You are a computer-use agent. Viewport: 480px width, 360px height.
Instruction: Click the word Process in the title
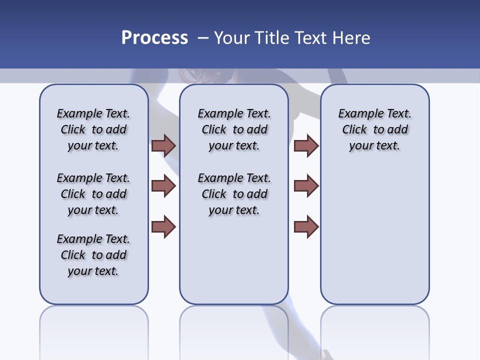tap(154, 37)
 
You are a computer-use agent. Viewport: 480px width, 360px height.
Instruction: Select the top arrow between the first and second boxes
tap(163, 146)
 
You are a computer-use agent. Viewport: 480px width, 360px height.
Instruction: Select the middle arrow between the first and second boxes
tap(163, 186)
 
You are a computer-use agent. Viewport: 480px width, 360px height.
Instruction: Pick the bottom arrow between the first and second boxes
tap(163, 226)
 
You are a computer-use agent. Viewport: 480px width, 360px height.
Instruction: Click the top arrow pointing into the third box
tap(306, 146)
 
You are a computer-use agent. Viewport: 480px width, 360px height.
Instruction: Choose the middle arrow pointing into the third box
tap(306, 186)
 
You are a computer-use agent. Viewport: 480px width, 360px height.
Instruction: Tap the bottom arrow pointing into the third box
tap(306, 226)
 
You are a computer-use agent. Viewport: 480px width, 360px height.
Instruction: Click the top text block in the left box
tap(93, 129)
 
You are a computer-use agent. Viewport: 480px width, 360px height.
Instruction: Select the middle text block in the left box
tap(93, 194)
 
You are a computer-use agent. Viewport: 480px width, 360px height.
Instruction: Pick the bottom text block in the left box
tap(93, 255)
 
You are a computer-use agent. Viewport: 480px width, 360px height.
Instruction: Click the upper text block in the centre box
tap(234, 129)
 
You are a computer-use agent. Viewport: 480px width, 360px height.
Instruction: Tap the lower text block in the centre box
tap(234, 194)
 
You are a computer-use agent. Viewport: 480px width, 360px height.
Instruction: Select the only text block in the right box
tap(374, 129)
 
